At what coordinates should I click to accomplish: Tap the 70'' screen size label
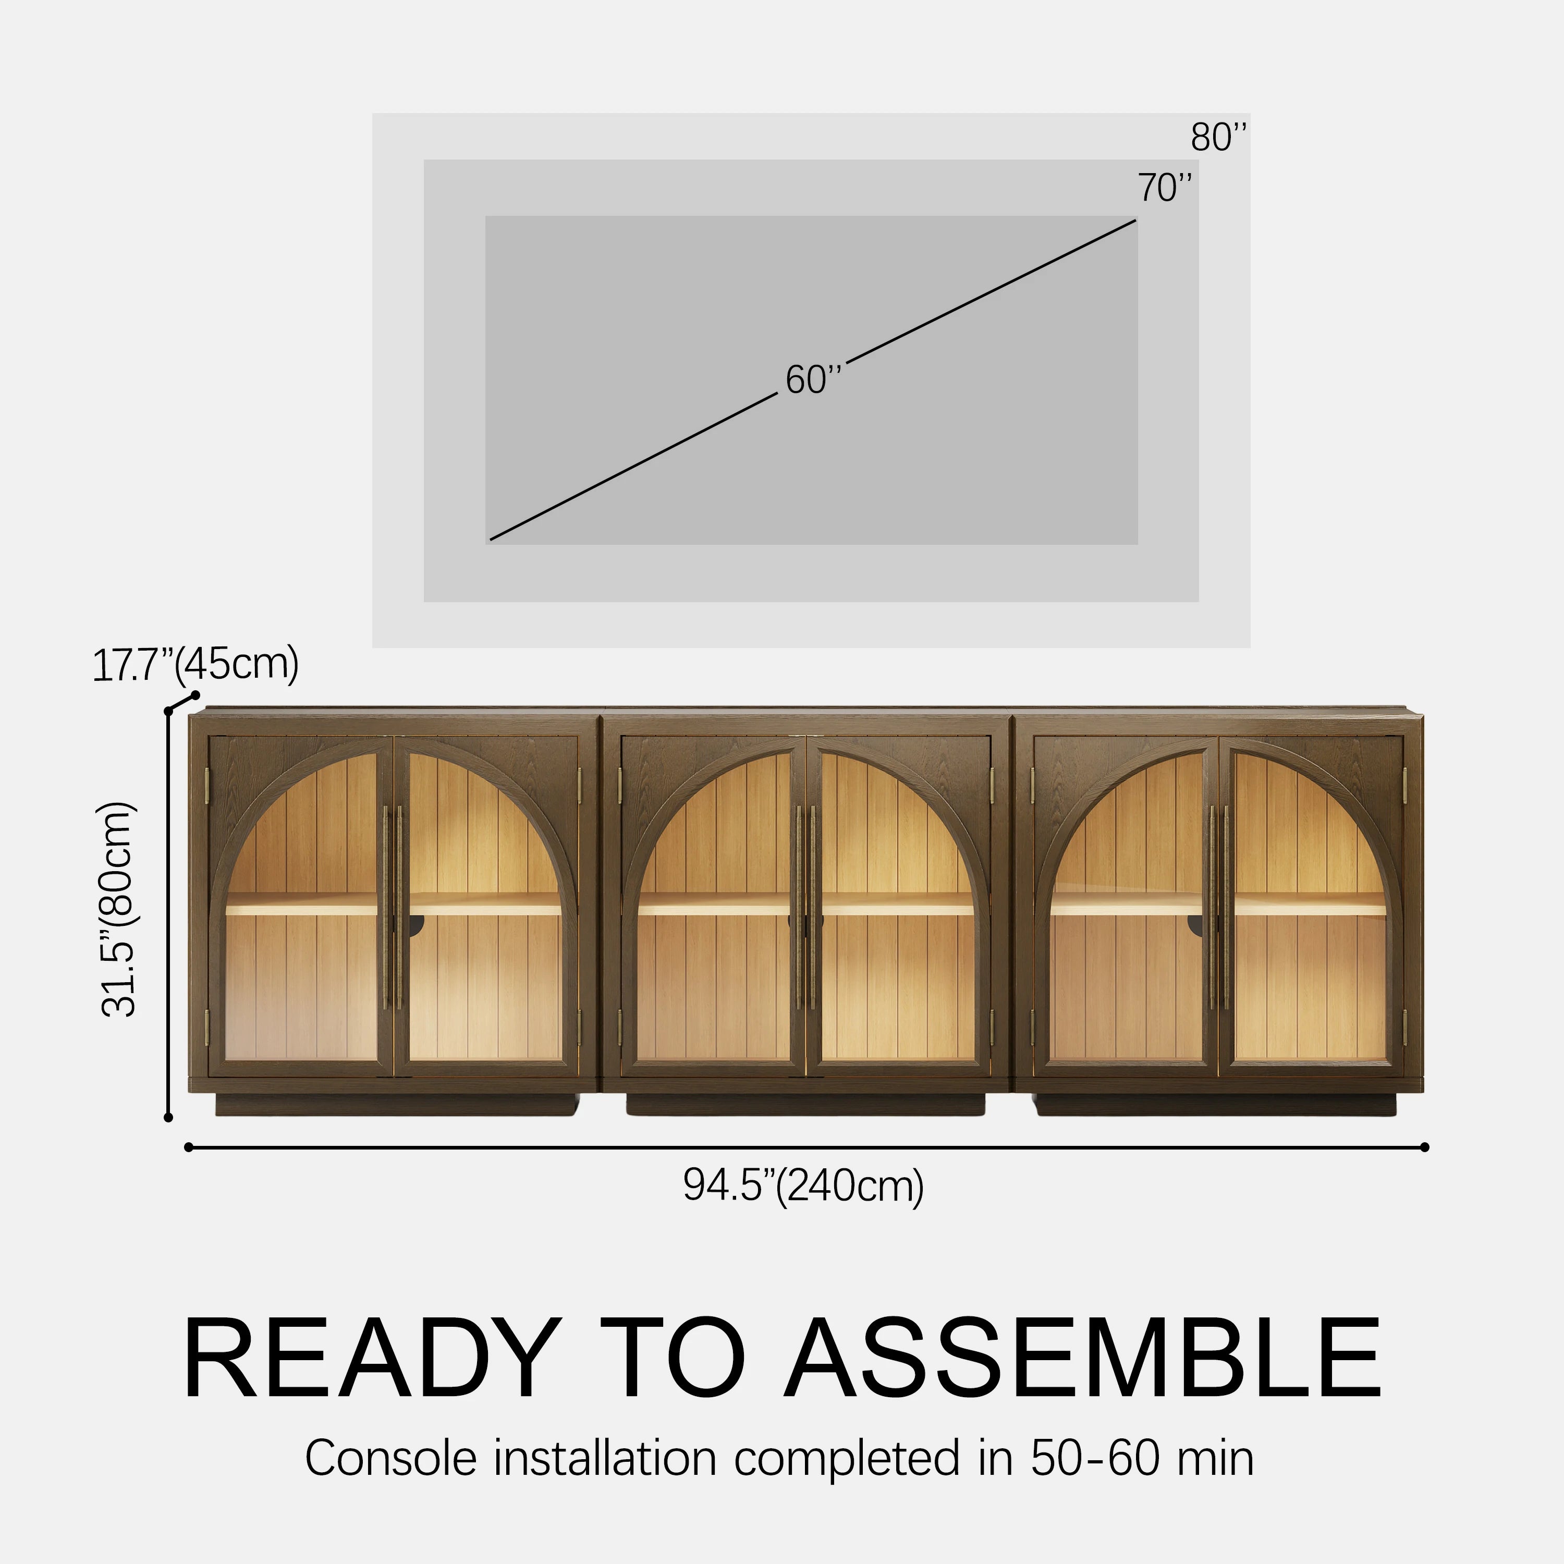coord(1165,188)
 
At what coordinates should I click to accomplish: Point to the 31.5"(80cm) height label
coord(119,909)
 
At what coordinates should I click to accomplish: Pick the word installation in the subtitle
coord(605,1459)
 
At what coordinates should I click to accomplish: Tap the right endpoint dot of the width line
coord(1425,1147)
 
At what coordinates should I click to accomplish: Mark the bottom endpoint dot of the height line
coord(168,1118)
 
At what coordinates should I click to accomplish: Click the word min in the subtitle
coord(1215,1459)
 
